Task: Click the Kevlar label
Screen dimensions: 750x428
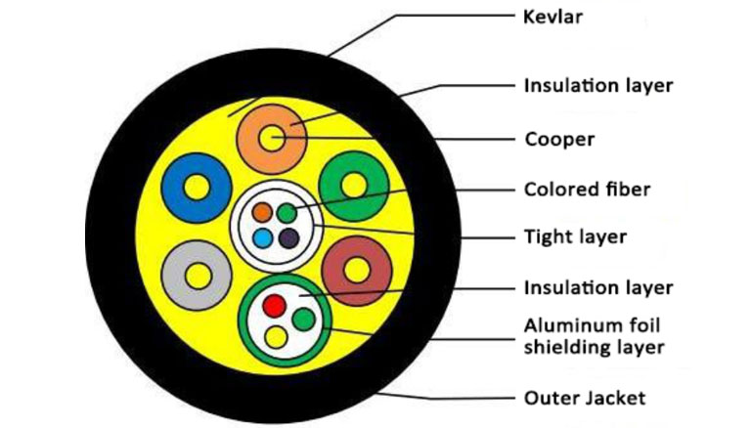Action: pos(552,17)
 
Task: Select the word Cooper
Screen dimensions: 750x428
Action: pos(559,139)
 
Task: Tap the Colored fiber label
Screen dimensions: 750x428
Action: pos(587,190)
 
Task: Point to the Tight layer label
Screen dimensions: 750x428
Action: pos(575,236)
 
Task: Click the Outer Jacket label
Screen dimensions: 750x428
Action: pos(585,398)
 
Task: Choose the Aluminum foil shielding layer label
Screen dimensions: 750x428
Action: pos(595,337)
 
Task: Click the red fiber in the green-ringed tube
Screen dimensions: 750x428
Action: pos(275,306)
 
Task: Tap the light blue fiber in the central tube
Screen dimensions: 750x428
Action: pos(263,237)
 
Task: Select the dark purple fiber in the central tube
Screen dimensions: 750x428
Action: pos(288,237)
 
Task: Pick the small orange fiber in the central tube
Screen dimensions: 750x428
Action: pos(262,212)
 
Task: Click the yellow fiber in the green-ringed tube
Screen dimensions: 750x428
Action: pos(276,337)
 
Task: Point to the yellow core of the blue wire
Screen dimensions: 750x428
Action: pos(197,187)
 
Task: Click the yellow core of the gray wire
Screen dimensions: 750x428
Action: pos(199,277)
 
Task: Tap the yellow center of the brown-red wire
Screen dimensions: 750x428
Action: pos(357,271)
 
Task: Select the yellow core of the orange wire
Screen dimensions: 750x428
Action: pos(272,138)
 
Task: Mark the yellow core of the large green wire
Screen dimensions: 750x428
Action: pos(354,186)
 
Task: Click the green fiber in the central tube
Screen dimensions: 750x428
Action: pos(287,213)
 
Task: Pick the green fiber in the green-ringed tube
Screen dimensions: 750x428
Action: pos(304,319)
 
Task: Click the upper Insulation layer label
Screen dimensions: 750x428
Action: pos(598,86)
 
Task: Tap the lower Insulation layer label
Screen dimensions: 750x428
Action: pos(598,288)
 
